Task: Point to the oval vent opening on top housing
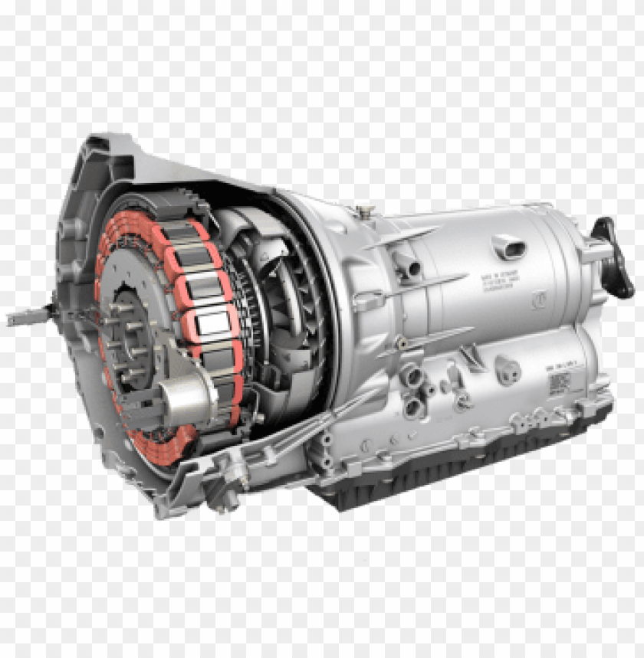(508, 247)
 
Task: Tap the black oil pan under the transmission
(460, 475)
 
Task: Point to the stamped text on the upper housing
(498, 281)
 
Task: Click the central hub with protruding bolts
(130, 337)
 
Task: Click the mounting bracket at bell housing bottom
(222, 479)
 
